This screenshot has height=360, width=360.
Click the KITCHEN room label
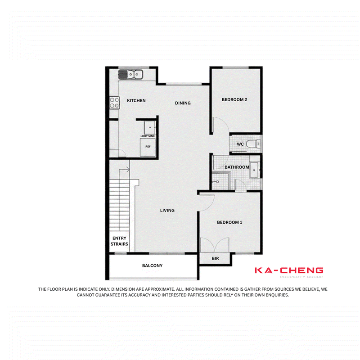[136, 100]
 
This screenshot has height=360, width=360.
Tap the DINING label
[183, 103]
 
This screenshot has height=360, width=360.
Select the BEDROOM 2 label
[234, 99]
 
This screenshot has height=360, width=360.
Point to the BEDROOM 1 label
[229, 222]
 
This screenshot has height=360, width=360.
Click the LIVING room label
[167, 210]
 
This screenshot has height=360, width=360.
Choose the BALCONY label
[152, 265]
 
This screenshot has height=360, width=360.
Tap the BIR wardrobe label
[215, 258]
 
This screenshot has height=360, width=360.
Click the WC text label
[240, 144]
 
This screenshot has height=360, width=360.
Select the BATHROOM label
[237, 167]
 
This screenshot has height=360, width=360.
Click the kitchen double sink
[130, 74]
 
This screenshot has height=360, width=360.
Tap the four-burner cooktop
[114, 103]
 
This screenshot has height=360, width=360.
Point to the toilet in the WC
[253, 144]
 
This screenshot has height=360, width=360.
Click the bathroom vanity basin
[254, 170]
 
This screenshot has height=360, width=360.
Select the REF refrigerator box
[148, 148]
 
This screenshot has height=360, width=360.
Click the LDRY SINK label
[148, 136]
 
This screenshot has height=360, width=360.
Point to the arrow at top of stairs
[124, 170]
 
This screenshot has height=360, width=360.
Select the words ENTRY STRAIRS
[119, 241]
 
